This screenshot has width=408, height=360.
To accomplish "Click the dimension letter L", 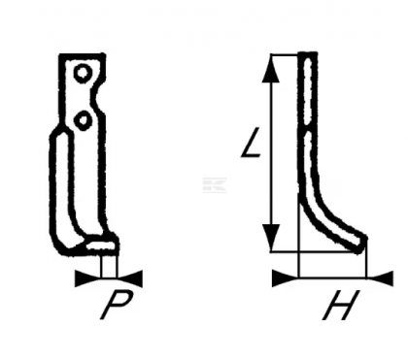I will tap(251, 146).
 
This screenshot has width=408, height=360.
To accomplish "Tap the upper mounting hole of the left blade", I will tap(85, 72).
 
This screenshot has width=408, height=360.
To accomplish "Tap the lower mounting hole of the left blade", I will tap(85, 118).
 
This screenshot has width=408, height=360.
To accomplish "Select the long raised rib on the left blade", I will tap(59, 189).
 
